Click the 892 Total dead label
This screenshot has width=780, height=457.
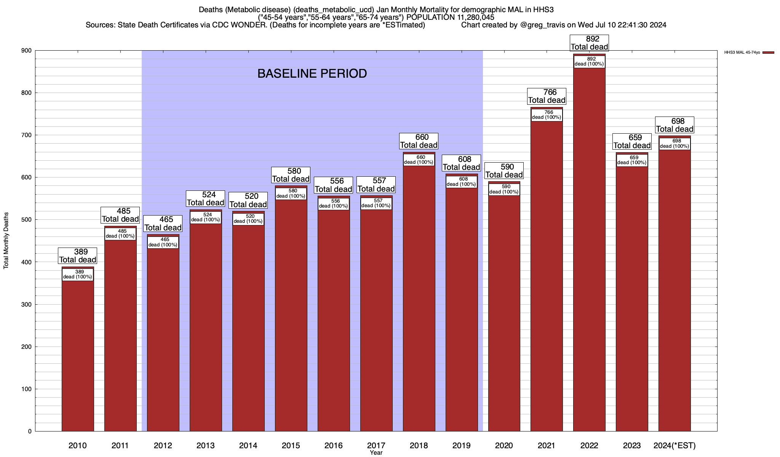589,43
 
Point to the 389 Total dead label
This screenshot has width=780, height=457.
78,256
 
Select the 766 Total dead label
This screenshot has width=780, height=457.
547,96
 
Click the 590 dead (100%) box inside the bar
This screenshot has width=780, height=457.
504,189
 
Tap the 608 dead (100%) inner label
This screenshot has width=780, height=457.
461,182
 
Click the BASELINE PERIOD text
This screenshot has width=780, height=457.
312,74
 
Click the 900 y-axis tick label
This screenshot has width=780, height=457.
27,51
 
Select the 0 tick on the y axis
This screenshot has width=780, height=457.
29,431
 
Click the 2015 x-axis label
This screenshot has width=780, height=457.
291,446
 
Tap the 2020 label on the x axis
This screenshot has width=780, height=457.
504,446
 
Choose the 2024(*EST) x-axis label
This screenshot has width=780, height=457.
675,446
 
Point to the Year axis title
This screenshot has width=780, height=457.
376,453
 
